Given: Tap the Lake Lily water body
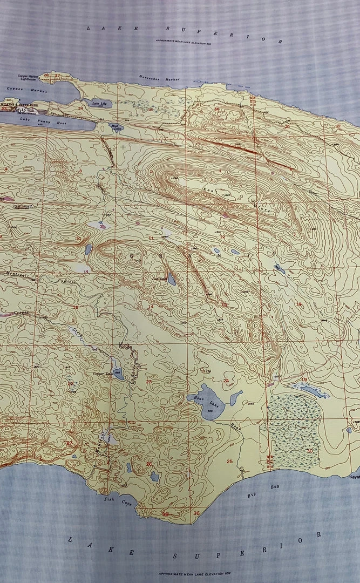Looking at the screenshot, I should click(94, 103).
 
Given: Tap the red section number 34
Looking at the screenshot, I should click(80, 109).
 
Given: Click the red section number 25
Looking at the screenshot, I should click(229, 461).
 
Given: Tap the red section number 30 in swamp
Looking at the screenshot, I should click(309, 450).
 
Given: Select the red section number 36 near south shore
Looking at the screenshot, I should click(196, 513).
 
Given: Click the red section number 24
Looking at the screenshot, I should click(226, 381).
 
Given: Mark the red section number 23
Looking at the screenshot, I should click(149, 382).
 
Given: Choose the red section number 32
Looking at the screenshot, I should click(338, 126).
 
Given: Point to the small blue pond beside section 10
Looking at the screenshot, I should click(88, 249).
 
